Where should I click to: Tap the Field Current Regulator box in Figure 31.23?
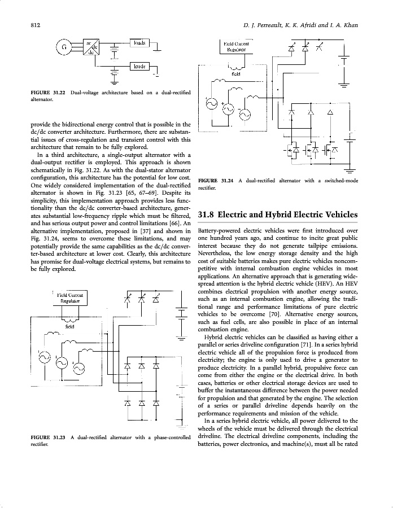coord(70,297)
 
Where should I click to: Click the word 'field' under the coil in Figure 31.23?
coord(70,326)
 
